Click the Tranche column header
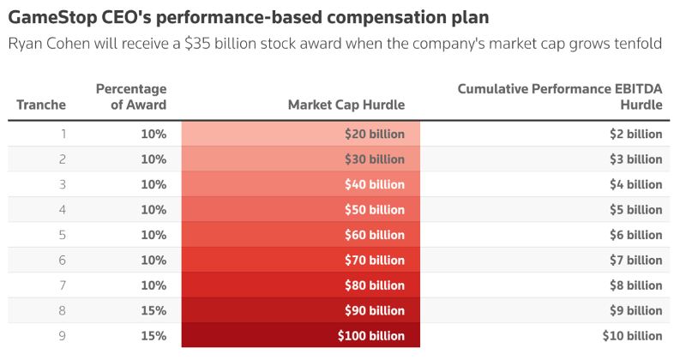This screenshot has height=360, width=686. [41, 105]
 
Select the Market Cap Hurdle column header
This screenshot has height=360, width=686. [346, 105]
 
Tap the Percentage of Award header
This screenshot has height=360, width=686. [131, 97]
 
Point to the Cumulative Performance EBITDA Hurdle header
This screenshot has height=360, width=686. [560, 97]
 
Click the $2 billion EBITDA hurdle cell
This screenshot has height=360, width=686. [636, 134]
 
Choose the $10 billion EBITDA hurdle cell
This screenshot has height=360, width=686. [632, 336]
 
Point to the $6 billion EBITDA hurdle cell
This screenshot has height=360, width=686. [636, 235]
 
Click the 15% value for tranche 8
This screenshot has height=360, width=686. [153, 310]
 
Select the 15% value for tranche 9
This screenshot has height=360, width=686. [153, 336]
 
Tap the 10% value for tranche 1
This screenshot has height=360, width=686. [153, 134]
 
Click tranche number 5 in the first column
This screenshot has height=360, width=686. [62, 235]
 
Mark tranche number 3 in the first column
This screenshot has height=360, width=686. [62, 184]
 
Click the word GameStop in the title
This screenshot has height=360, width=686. [51, 17]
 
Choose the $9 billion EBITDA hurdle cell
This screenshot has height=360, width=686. [636, 310]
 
